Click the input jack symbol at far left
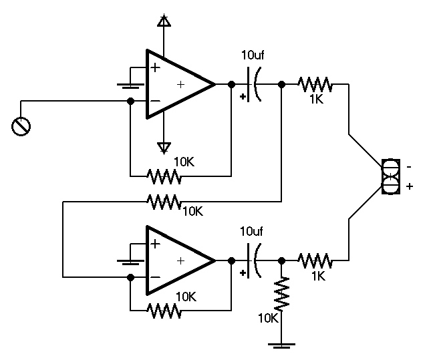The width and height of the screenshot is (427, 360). point(21,126)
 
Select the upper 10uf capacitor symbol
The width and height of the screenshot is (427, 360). point(254,85)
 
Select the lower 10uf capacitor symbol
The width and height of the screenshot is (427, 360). point(254,260)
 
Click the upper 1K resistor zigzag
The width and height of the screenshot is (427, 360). point(315,85)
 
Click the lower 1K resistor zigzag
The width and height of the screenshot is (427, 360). point(315,260)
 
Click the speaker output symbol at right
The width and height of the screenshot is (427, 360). point(390,176)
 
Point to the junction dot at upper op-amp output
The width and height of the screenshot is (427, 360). point(231,85)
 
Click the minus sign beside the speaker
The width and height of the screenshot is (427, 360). point(408,166)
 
